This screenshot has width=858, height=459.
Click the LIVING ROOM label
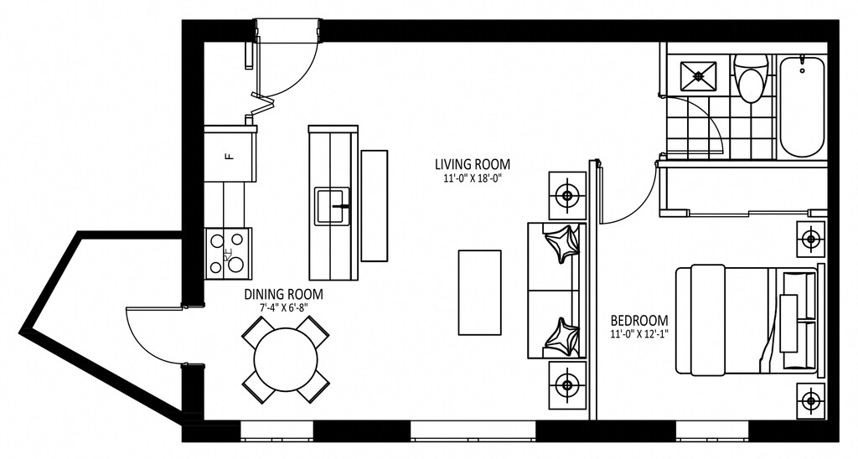click(472, 164)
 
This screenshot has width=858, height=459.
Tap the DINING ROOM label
click(283, 295)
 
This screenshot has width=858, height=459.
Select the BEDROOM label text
click(639, 321)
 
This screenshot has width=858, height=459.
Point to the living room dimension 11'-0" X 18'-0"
click(472, 178)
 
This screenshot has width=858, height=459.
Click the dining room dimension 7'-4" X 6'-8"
click(283, 308)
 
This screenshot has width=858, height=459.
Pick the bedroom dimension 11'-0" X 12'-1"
click(639, 334)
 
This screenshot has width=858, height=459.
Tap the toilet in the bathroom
click(752, 80)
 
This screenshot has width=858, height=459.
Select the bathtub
click(801, 106)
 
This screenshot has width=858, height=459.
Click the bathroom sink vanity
click(697, 75)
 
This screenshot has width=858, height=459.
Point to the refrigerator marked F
click(229, 154)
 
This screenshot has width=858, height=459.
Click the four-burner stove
click(228, 253)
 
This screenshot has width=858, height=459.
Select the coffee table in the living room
click(479, 291)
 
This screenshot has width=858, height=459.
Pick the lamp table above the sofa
click(567, 196)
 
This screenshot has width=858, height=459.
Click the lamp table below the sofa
click(567, 385)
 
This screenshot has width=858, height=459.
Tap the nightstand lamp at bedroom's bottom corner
click(810, 400)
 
